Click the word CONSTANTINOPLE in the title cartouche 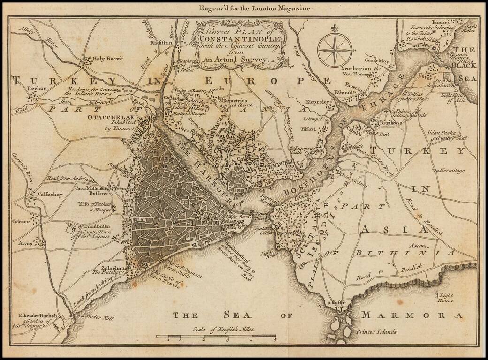(239, 37)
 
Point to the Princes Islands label (376, 331)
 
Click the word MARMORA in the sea (413, 315)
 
